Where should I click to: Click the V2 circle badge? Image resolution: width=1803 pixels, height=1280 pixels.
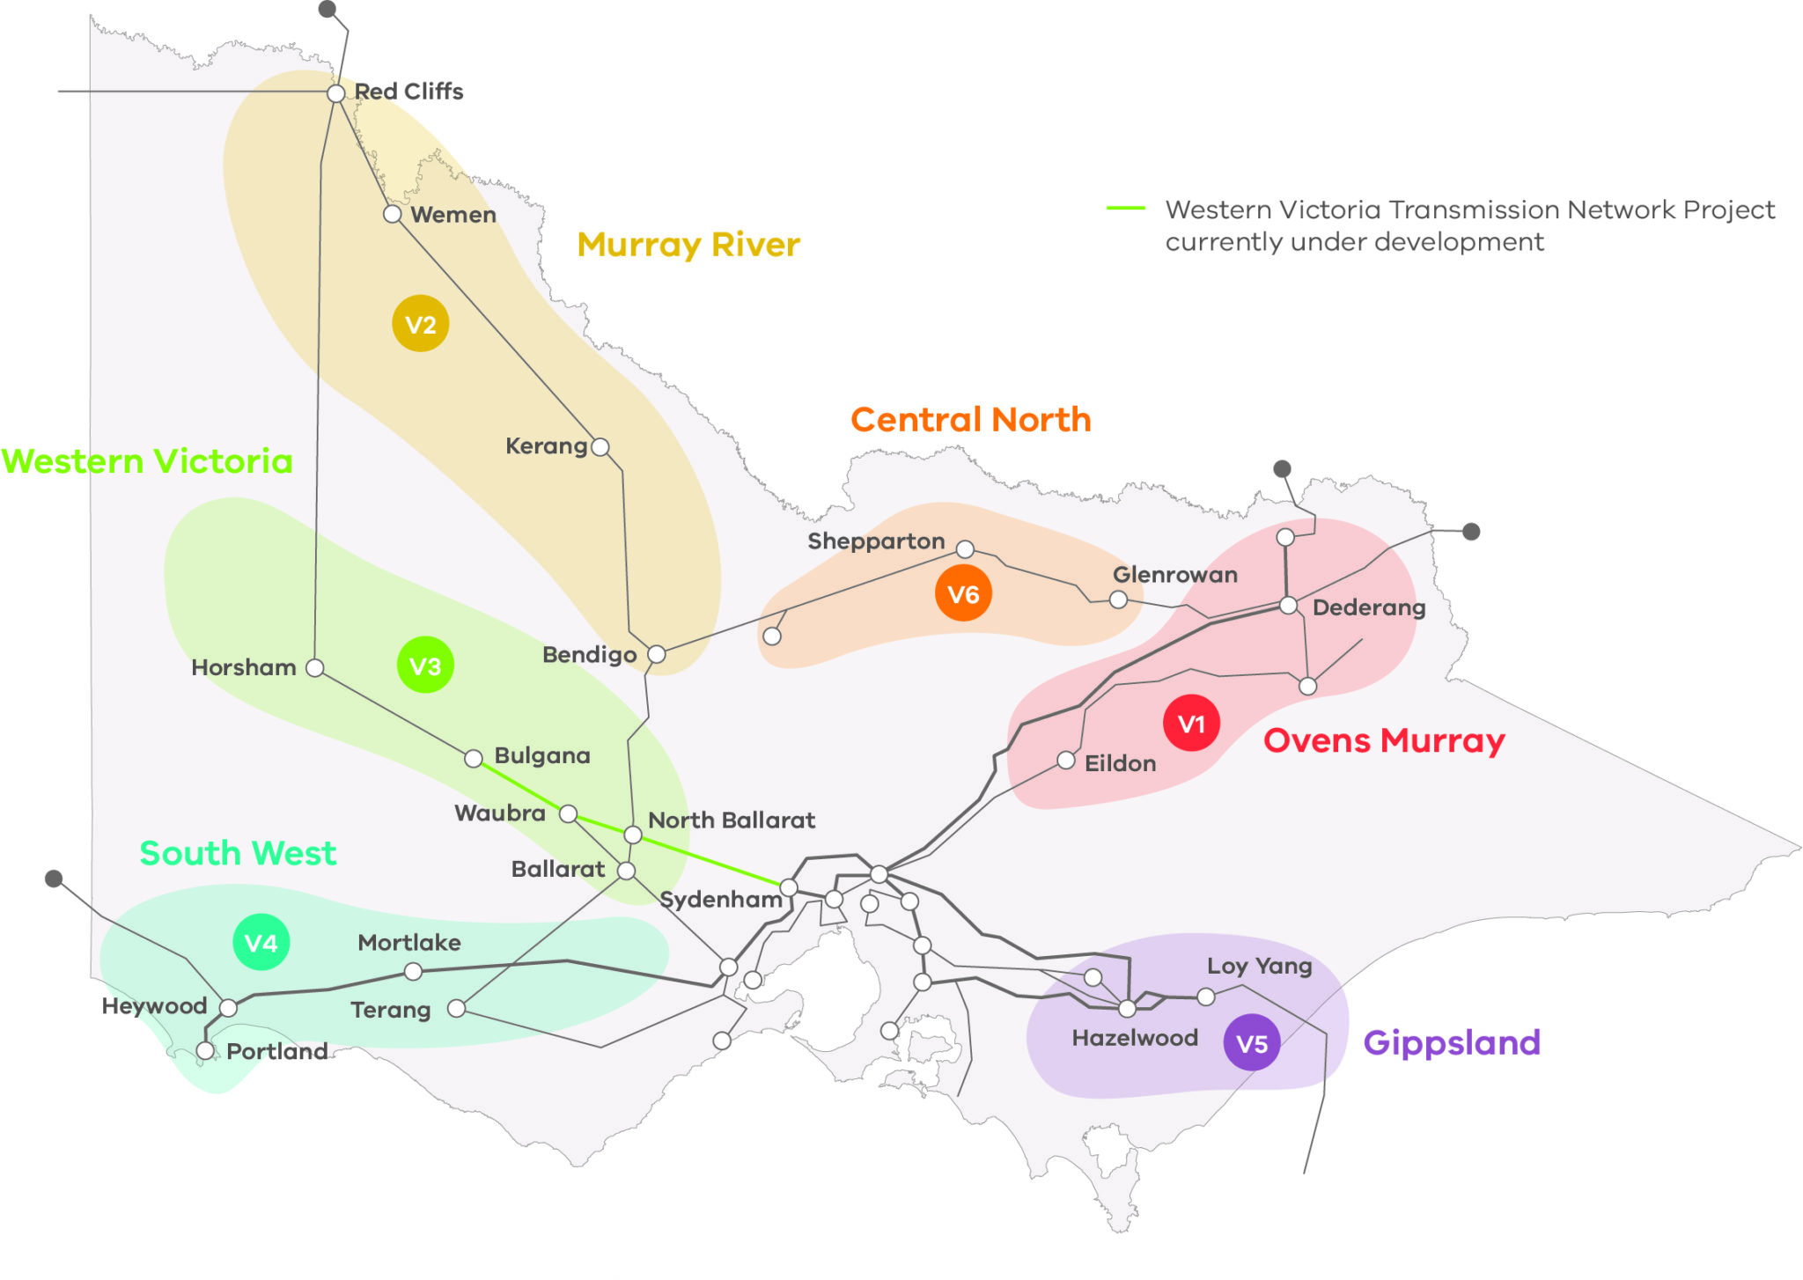click(421, 324)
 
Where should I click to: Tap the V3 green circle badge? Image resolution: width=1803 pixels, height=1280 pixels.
click(425, 666)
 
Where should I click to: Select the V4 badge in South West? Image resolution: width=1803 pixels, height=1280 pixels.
click(261, 943)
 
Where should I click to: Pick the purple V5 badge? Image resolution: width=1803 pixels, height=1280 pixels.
click(1252, 1043)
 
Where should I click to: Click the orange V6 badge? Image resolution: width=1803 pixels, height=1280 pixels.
click(963, 594)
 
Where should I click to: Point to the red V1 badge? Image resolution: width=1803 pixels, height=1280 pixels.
click(1191, 724)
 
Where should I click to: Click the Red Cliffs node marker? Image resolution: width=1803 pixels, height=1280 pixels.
click(335, 93)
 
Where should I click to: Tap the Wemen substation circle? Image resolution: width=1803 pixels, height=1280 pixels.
click(393, 214)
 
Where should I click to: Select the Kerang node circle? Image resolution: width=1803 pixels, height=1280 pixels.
click(600, 447)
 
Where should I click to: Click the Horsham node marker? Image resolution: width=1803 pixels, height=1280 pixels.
click(314, 668)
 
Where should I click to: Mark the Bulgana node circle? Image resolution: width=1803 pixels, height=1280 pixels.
click(474, 758)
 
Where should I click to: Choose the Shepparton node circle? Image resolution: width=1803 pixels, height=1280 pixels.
click(965, 549)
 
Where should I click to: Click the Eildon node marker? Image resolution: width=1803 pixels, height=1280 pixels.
click(1066, 760)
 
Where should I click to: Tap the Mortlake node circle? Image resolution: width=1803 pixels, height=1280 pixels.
click(413, 971)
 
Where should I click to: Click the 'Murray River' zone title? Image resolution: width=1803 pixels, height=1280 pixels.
click(688, 245)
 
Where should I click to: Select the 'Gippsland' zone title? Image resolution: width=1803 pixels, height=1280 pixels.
click(1452, 1043)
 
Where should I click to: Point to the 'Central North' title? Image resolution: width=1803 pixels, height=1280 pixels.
click(970, 420)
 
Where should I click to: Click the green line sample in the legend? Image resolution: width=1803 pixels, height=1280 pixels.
click(1125, 209)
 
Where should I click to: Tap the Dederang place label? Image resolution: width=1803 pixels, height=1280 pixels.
click(1368, 607)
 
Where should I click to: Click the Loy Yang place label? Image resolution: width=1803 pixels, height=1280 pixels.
click(1259, 966)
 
